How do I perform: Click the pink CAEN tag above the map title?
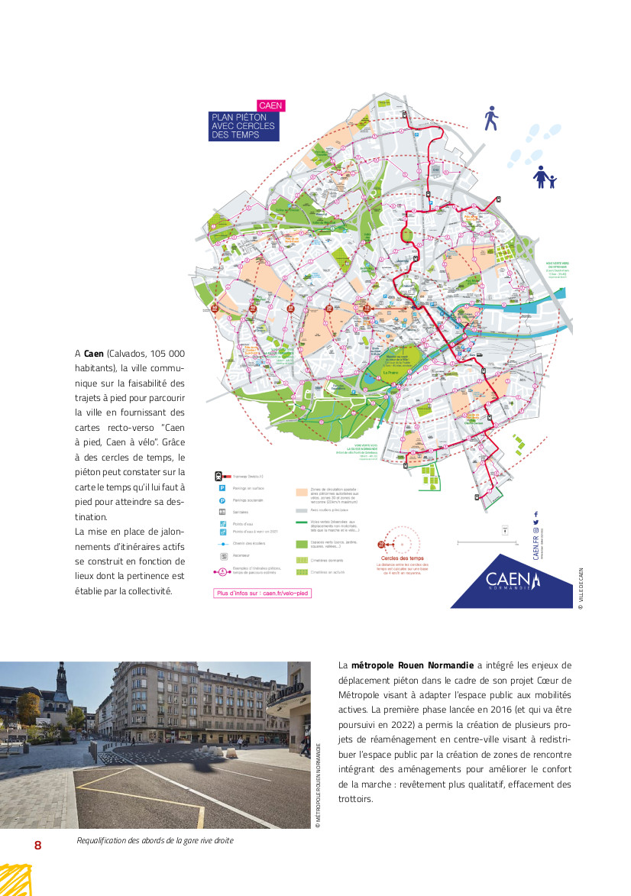point(270,105)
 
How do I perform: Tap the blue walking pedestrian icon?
point(491,119)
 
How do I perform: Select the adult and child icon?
point(545,177)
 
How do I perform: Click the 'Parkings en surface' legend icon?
point(219,487)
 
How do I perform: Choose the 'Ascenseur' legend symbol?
point(221,556)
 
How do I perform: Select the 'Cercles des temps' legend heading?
point(401,559)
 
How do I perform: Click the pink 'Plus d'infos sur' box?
point(263,593)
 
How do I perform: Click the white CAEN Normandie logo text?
point(513,581)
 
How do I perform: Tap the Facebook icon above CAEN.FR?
point(536,514)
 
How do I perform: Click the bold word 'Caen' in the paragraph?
point(93,354)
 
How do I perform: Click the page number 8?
point(37,845)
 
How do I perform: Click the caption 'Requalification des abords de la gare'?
point(155,840)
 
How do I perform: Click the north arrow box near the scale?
point(505,529)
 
